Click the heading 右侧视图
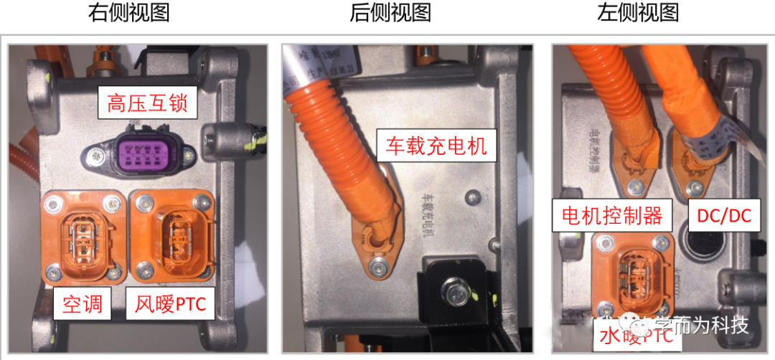pyautogui.click(x=129, y=13)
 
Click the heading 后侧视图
pyautogui.click(x=390, y=13)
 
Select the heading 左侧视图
pyautogui.click(x=638, y=13)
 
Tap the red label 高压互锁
pyautogui.click(x=147, y=103)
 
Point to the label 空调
pyautogui.click(x=83, y=305)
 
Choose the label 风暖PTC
pyautogui.click(x=171, y=305)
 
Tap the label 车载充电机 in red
pyautogui.click(x=436, y=146)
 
